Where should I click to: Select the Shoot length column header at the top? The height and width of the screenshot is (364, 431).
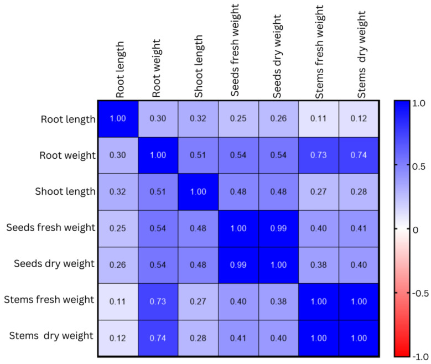pos(198,67)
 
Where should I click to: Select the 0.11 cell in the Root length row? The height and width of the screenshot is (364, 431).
pos(319,119)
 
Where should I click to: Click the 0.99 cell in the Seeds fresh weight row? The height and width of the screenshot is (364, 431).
pos(278,228)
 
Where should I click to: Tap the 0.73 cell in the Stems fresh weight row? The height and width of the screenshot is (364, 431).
pos(158,300)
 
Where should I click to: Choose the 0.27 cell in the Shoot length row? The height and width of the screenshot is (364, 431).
pos(319,192)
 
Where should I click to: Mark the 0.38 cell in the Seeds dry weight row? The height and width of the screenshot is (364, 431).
pos(319,264)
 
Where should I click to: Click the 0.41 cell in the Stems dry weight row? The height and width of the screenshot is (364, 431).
pos(238,337)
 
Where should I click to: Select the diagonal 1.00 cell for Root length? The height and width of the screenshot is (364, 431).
pos(118,119)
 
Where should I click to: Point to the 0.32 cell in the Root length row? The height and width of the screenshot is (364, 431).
pos(198,119)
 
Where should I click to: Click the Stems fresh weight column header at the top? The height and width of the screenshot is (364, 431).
pos(319,53)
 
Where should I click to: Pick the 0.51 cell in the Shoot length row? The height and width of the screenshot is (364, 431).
pos(158,192)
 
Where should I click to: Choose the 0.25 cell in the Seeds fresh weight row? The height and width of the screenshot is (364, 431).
pos(118,228)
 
